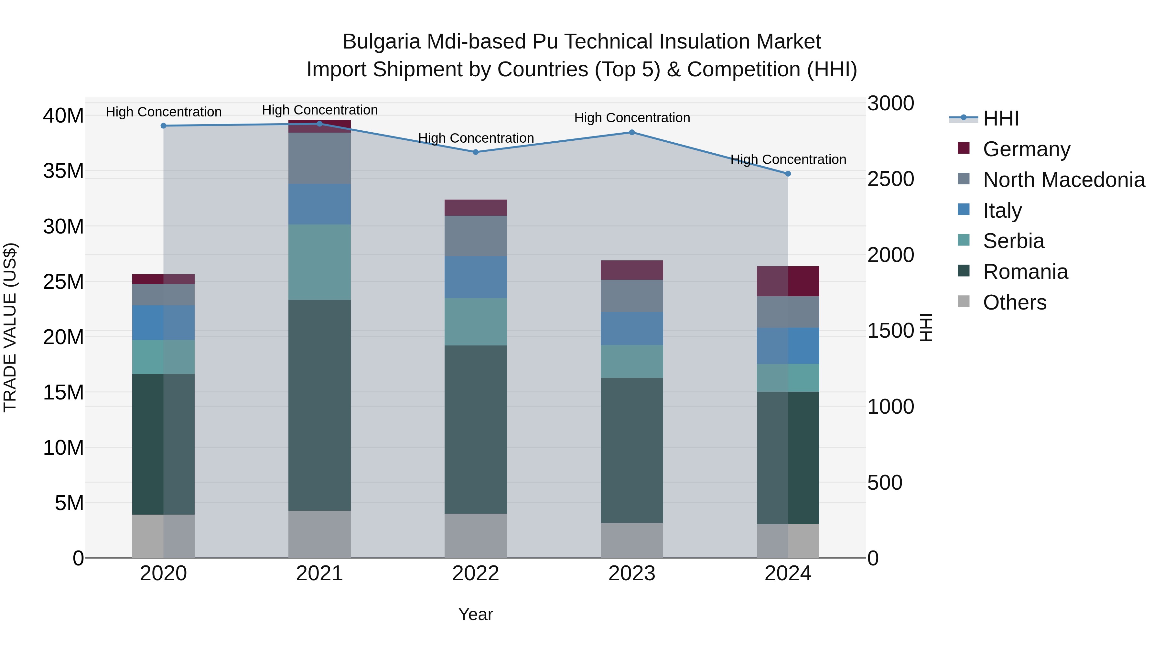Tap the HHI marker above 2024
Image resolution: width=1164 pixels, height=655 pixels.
[788, 174]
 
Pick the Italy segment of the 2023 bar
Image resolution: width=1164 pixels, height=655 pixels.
[632, 329]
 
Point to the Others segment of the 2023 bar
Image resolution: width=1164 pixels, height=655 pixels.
[632, 540]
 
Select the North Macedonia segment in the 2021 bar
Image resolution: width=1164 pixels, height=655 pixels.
[319, 158]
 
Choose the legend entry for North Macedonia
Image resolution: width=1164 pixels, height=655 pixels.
[1064, 180]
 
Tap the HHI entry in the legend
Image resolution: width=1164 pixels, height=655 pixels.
[1000, 118]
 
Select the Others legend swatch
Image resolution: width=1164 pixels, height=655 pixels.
[964, 301]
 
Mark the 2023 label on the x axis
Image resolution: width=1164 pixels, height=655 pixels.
[632, 573]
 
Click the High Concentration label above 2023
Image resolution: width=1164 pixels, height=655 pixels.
[632, 118]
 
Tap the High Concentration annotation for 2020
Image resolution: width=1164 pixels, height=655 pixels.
[164, 112]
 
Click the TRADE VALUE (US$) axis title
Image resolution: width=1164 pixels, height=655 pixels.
[10, 327]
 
